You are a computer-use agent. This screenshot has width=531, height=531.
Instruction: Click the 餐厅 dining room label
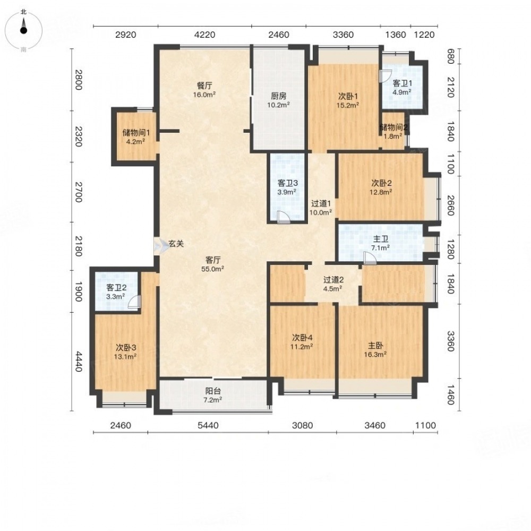pos(204,85)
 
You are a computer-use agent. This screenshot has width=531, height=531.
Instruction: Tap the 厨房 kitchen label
pos(278,96)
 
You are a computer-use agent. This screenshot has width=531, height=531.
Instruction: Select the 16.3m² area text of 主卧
pos(375,355)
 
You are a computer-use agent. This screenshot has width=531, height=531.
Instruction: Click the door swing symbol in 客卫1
pos(385,76)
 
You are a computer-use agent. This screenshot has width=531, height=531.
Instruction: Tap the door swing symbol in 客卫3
pos(284,217)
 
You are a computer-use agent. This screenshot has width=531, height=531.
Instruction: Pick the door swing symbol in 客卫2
pos(134,302)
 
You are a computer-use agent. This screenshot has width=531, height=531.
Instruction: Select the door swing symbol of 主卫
pos(370,258)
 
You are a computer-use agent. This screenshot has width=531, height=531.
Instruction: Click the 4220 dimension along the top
pos(205,35)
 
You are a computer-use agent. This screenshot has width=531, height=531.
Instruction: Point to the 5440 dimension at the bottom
pos(208,425)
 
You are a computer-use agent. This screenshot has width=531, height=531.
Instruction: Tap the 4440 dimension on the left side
pos(79,362)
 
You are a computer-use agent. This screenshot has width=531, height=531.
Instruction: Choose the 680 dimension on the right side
pos(450,56)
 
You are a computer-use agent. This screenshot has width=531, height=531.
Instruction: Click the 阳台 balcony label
pos(213,391)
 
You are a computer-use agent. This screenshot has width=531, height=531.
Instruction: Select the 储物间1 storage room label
pos(136,133)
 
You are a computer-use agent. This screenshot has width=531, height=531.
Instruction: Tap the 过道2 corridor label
pos(333,280)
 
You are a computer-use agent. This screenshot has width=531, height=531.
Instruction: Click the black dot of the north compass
pos(23,30)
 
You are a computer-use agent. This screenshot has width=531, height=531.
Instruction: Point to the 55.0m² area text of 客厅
pos(213,269)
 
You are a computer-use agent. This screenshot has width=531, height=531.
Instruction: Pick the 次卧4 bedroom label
pos(303,338)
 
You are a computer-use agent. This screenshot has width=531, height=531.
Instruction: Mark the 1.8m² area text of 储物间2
pos(393,136)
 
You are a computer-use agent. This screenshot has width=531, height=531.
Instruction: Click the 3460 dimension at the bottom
pos(375,425)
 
